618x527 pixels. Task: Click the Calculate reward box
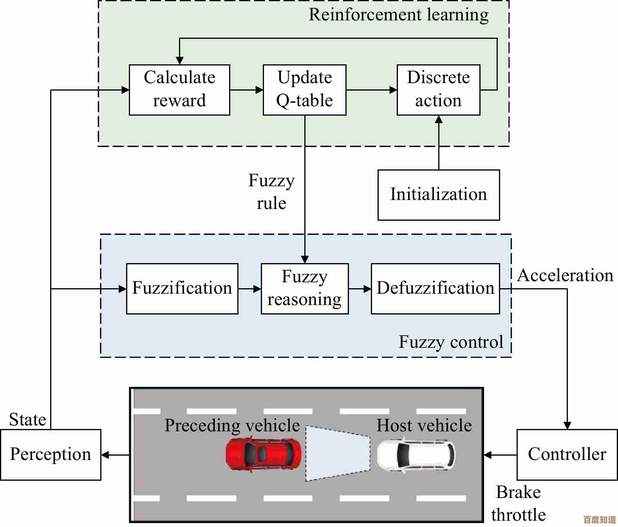pos(179,90)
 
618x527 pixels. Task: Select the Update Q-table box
pos(304,90)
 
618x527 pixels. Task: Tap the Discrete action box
pos(438,90)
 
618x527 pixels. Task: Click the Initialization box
pos(438,195)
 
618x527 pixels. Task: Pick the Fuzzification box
pos(182,289)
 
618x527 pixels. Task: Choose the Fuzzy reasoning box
pos(304,289)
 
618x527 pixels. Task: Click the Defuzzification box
pos(435,289)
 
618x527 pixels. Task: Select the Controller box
pos(567,454)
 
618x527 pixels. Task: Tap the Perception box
pos(51,454)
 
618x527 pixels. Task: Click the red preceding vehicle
pos(264,454)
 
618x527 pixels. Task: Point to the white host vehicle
pos(416,455)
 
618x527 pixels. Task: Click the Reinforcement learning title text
pos(398,15)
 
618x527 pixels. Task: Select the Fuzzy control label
pos(451,342)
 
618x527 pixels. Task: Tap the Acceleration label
pos(565,276)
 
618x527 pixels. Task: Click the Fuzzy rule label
pos(271,192)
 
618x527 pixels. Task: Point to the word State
pos(27,420)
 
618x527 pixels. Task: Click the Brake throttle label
pos(519,503)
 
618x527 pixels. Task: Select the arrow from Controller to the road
pos(500,455)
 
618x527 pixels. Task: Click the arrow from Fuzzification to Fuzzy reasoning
pos(249,289)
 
